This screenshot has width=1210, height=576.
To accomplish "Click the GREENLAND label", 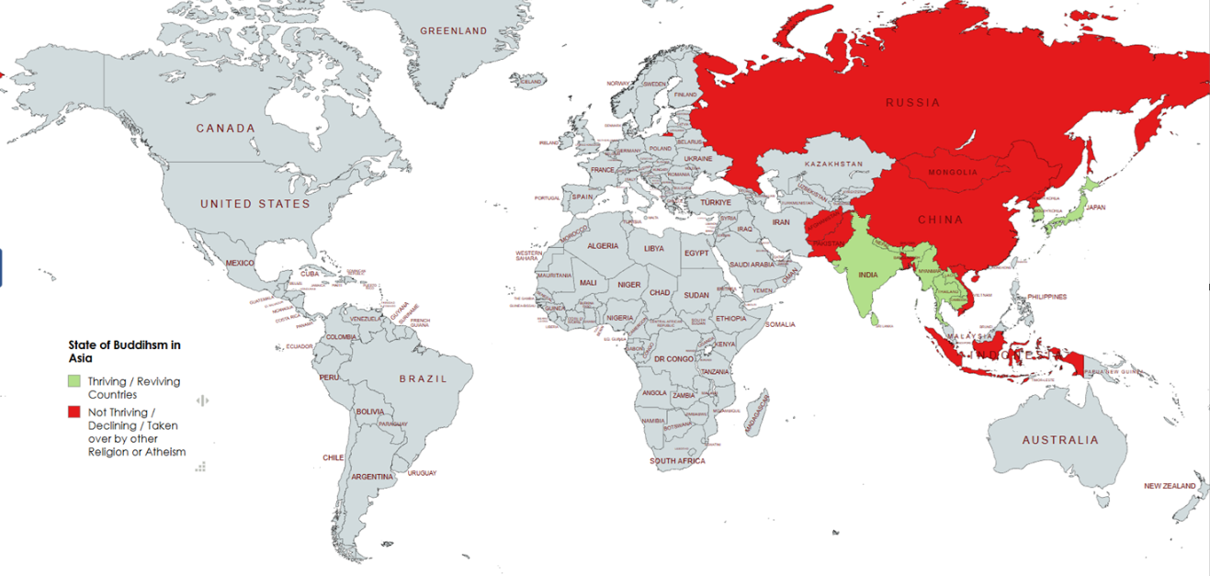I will click(x=454, y=31).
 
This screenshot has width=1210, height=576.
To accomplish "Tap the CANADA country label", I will click(x=225, y=129).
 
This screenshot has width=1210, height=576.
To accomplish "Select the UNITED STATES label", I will click(x=255, y=204).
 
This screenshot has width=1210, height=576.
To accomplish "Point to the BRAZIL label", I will click(x=423, y=378).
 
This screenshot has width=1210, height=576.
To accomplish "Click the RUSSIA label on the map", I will click(x=912, y=103).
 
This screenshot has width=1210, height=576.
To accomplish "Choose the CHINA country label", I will click(x=940, y=220).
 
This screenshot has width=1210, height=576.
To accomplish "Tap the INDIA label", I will click(x=867, y=275).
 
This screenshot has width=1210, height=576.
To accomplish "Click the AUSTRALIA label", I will click(x=1059, y=440).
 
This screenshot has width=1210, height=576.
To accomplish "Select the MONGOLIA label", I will click(x=953, y=173).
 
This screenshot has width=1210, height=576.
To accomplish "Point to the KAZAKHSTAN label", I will click(x=833, y=164).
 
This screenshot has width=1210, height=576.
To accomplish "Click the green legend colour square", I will click(x=74, y=380).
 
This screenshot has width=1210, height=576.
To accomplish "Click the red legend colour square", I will click(x=74, y=412).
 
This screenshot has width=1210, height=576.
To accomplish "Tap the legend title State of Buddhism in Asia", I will click(x=124, y=351).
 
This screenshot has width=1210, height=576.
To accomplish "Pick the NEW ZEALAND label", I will click(x=1170, y=486).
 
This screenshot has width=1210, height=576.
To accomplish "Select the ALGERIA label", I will click(x=603, y=246).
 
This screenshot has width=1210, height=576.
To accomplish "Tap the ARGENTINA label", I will click(x=372, y=477).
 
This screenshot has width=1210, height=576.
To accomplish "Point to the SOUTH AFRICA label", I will click(x=677, y=460).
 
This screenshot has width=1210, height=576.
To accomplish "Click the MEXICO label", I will click(x=240, y=264).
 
